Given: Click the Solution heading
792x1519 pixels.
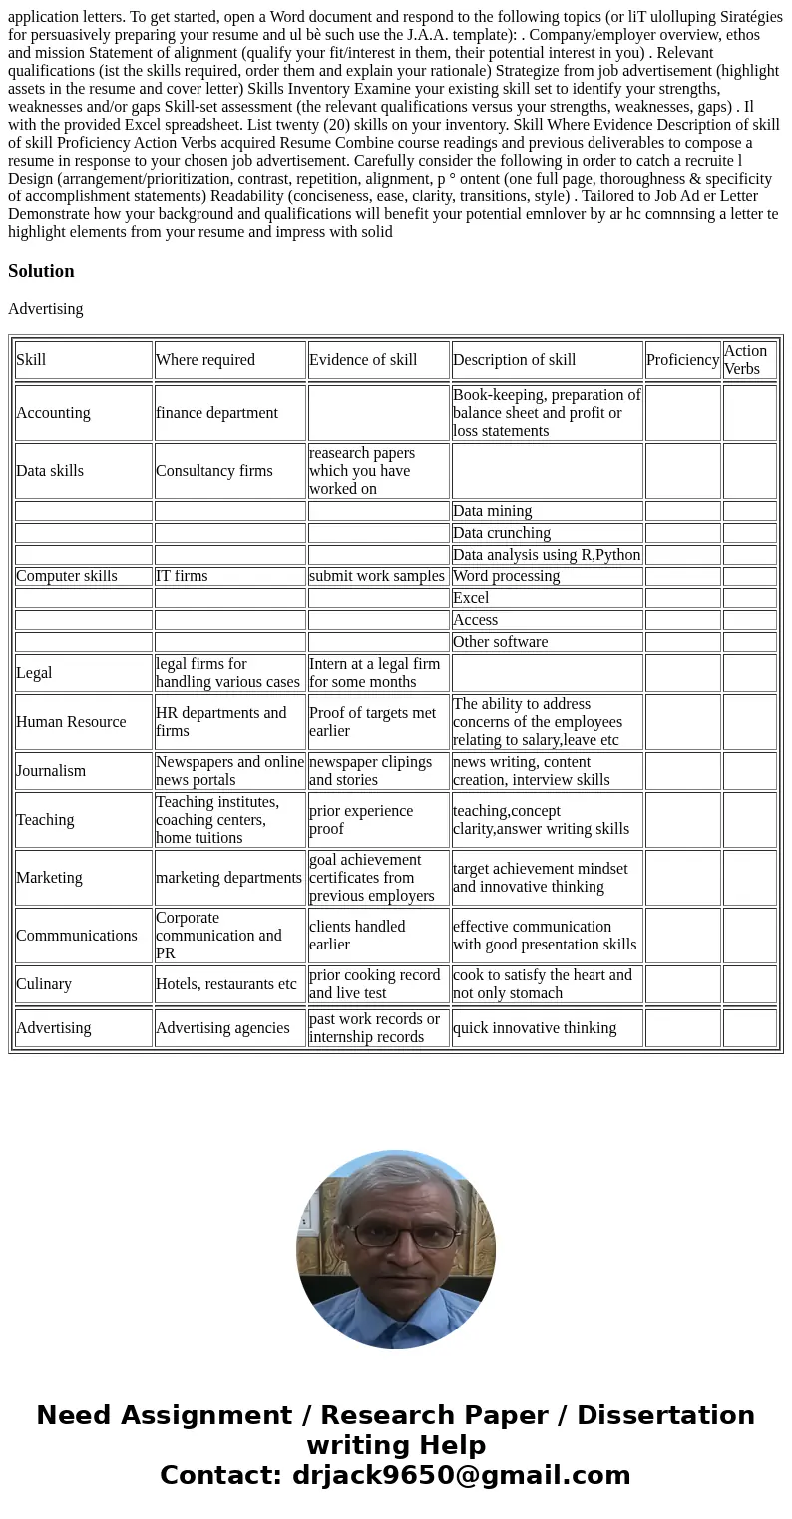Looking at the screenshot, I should click(41, 271).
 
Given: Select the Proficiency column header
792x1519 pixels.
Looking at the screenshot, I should click(682, 360).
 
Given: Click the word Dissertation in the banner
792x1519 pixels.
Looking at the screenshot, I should click(665, 1416).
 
